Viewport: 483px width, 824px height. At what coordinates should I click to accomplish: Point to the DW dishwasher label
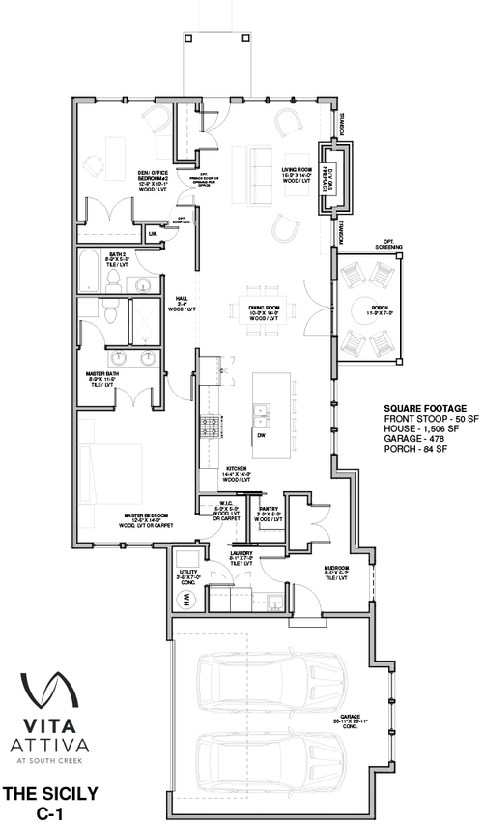[x=260, y=434]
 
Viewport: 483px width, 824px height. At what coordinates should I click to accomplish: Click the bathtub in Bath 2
[x=90, y=274]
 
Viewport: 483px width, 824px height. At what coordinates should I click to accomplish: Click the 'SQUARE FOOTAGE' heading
[x=424, y=407]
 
